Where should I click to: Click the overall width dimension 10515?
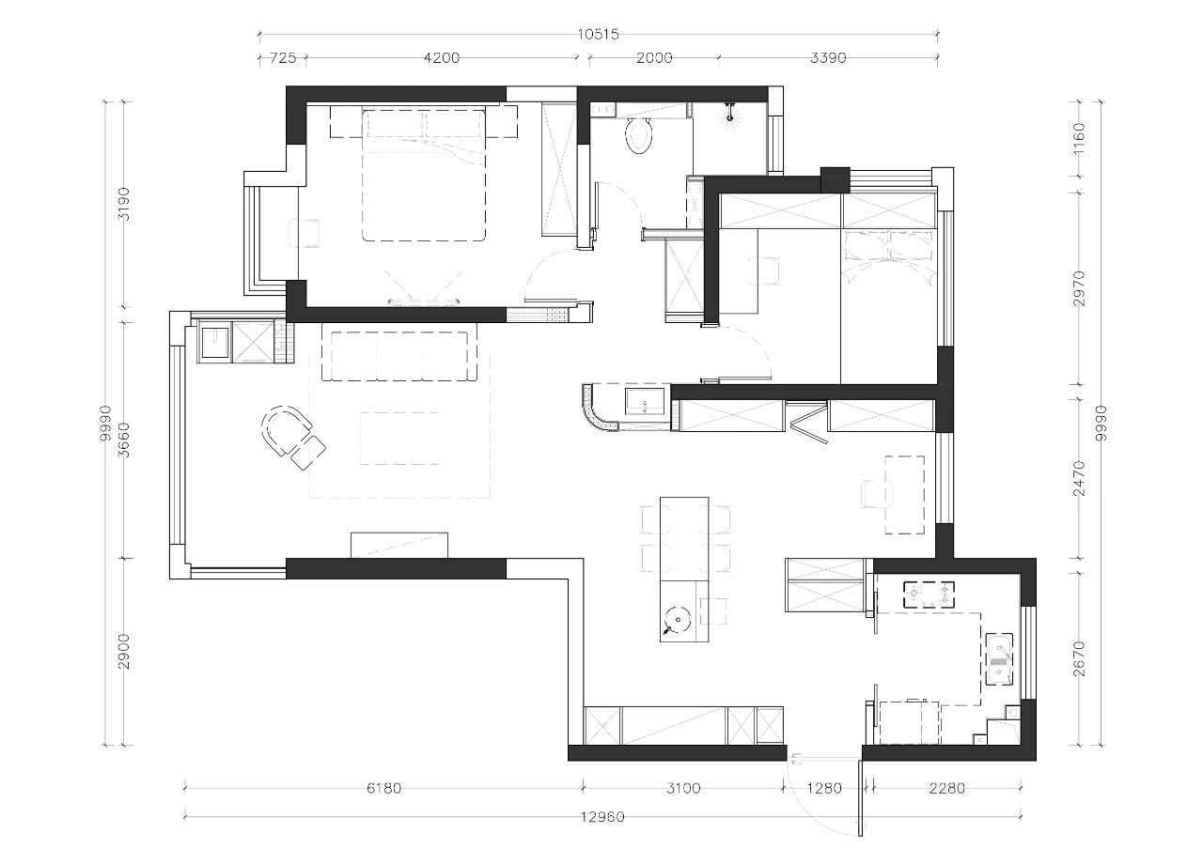[598, 35]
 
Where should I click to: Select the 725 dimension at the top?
[283, 58]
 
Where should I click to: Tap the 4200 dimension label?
[442, 58]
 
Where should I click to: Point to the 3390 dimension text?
[828, 58]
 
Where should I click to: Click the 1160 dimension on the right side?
[1078, 138]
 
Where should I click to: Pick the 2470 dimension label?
[1078, 478]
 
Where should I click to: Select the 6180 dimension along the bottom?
[383, 788]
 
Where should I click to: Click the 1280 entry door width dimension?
[824, 788]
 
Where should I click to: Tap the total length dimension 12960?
[602, 817]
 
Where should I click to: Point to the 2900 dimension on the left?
[123, 651]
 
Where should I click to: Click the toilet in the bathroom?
[640, 136]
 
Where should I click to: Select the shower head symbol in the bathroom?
[730, 113]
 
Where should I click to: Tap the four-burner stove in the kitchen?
[930, 594]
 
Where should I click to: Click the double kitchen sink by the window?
[999, 659]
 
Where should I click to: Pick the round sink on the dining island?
[678, 621]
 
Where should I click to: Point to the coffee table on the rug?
[399, 438]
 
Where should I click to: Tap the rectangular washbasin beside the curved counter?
[645, 401]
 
